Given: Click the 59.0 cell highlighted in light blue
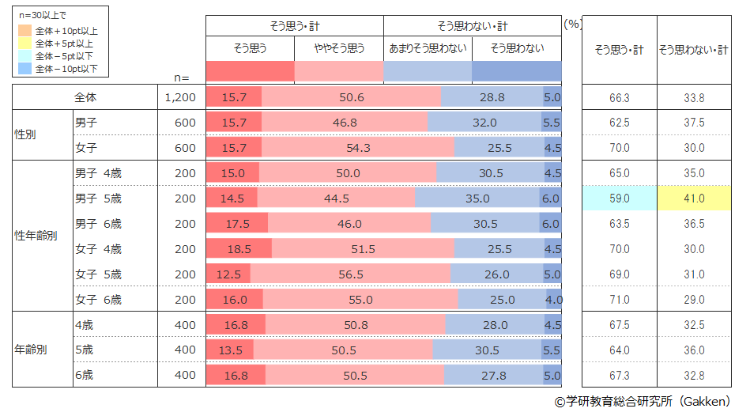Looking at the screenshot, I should point(620,199).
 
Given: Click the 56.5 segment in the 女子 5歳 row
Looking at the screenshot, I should point(350,274).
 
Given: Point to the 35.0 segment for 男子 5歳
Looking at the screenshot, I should point(477,199).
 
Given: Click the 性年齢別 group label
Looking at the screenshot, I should point(36,236).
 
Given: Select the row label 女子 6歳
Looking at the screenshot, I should point(98,300).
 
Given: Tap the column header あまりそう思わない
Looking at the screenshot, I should point(428,48).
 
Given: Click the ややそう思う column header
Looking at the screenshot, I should point(339,48).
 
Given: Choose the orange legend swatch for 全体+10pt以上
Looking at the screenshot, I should point(24,31).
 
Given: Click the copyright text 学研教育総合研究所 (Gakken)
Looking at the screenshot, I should point(641,402).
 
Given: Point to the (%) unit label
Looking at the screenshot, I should point(573,24).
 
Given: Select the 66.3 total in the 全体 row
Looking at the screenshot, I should point(620,97).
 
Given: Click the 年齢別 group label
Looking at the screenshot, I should point(31,350).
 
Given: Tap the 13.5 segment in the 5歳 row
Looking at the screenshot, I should point(230,350).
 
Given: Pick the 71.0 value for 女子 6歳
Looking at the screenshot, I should point(620,300).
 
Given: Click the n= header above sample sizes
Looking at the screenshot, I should point(182,77).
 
